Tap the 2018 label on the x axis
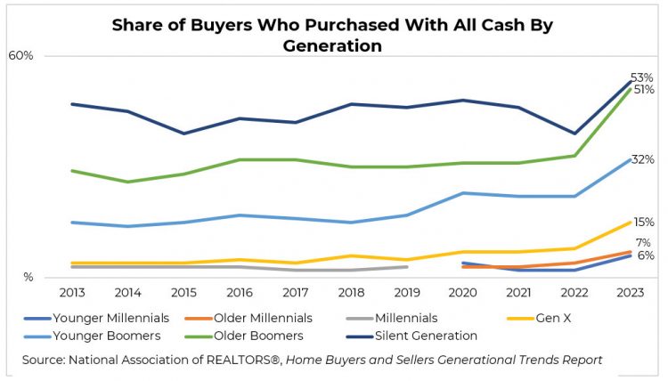click(x=351, y=291)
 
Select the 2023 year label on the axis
click(x=631, y=291)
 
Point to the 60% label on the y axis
click(x=20, y=55)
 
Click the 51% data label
click(x=644, y=90)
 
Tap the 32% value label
click(x=643, y=158)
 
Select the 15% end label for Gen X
click(x=643, y=222)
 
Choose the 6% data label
click(x=645, y=255)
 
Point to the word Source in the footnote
click(x=43, y=360)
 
